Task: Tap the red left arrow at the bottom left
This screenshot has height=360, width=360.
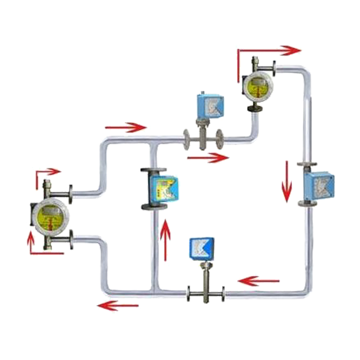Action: (x=117, y=305)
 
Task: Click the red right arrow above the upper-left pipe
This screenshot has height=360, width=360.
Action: (x=126, y=127)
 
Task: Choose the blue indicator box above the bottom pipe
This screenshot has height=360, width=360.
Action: (x=201, y=248)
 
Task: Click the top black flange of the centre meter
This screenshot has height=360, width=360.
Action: (x=154, y=171)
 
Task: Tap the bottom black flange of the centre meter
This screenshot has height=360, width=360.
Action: (x=154, y=207)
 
